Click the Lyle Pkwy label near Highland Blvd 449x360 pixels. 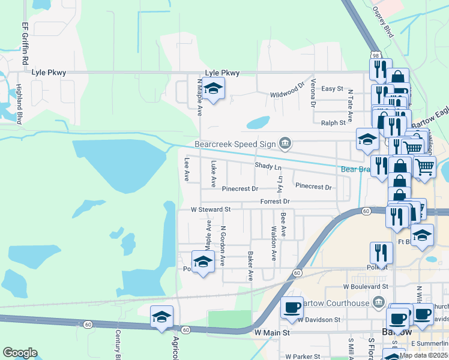[47, 73]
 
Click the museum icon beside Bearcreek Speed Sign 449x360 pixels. [286, 143]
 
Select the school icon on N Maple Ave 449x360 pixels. [213, 89]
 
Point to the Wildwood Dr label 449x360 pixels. [288, 92]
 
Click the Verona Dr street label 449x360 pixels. [313, 93]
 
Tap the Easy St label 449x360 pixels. [332, 89]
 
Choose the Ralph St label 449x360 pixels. [334, 122]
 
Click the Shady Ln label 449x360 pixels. [268, 166]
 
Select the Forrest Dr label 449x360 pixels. [275, 202]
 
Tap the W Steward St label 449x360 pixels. [211, 210]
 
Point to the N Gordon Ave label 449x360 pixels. [223, 246]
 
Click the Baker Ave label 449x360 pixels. [250, 266]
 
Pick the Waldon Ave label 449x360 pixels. [273, 243]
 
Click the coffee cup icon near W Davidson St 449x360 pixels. [292, 307]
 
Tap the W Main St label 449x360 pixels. [272, 332]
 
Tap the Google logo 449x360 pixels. [20, 353]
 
